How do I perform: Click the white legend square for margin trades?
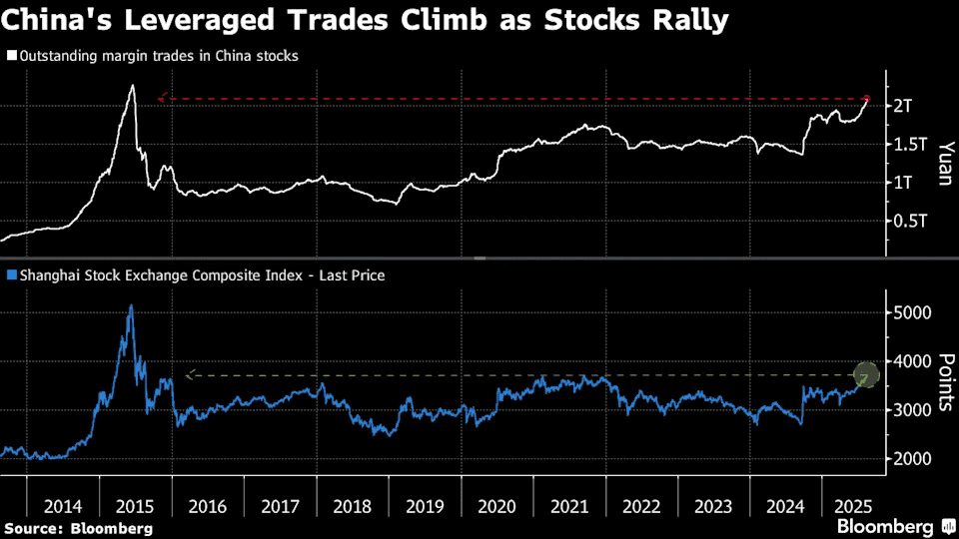(x=11, y=56)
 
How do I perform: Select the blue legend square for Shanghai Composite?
(x=11, y=273)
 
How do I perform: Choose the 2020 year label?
(x=497, y=506)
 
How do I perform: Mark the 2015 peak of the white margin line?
(x=132, y=86)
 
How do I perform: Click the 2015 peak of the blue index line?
(x=131, y=305)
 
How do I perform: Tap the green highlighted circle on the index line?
(x=866, y=375)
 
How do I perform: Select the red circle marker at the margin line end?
(x=867, y=99)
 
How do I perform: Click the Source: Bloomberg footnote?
(x=79, y=528)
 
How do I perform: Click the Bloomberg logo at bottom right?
(x=893, y=526)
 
